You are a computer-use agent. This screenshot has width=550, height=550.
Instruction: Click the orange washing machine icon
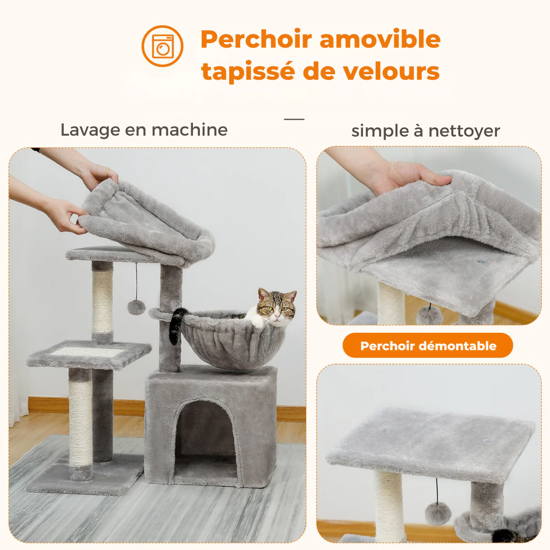pyautogui.click(x=162, y=46)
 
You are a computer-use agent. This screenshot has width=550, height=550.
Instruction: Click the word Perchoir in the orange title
pyautogui.click(x=256, y=39)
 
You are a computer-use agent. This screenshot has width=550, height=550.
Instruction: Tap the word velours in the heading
pyautogui.click(x=391, y=71)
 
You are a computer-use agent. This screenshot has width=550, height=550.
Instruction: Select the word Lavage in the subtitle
pyautogui.click(x=90, y=131)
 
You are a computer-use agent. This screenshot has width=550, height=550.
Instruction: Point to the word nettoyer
pyautogui.click(x=464, y=131)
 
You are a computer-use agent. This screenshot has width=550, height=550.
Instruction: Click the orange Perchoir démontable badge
pyautogui.click(x=428, y=346)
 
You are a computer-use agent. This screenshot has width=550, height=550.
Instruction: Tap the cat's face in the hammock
pyautogui.click(x=276, y=309)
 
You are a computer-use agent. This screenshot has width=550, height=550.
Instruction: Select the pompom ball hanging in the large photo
pyautogui.click(x=137, y=308)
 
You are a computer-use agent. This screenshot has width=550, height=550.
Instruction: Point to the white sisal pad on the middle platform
pyautogui.click(x=87, y=352)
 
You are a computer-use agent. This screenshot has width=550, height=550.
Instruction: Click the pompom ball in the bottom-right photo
pyautogui.click(x=438, y=513)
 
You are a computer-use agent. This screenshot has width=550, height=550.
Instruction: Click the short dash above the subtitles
pyautogui.click(x=294, y=119)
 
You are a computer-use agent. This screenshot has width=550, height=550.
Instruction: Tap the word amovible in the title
pyautogui.click(x=380, y=39)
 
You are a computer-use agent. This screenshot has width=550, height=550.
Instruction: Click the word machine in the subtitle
pyautogui.click(x=189, y=130)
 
